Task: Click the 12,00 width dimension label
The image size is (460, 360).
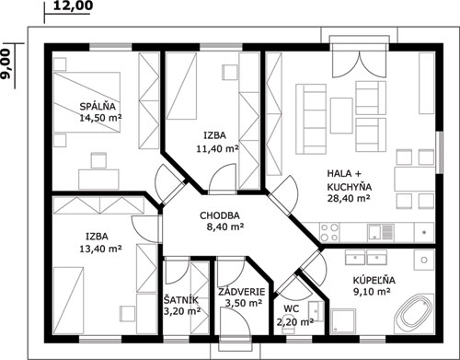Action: point(73,6)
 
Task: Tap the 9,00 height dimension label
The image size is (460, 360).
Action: point(6,64)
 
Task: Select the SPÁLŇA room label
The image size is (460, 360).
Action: point(98,107)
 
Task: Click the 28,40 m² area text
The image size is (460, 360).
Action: point(349,198)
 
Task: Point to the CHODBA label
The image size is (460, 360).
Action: point(220,215)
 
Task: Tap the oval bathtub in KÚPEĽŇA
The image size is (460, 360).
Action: point(414,314)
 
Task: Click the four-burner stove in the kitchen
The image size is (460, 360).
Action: point(329,232)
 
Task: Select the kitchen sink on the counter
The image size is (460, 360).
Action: point(381,232)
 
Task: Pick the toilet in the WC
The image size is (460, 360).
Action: point(288,324)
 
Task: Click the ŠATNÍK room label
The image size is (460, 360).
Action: point(181,300)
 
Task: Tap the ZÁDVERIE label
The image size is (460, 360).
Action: point(242,292)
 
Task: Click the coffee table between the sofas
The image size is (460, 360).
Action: point(341,115)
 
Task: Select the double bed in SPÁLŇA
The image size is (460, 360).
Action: point(86,102)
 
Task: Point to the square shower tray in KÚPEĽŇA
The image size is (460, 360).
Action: point(344,321)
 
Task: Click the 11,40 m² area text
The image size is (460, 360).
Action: point(217,149)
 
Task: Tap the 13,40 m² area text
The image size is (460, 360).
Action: point(100,249)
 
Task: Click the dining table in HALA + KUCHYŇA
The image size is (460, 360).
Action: point(415,180)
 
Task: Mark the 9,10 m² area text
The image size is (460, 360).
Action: point(372,292)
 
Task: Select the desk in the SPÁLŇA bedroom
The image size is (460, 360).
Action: point(98,180)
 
